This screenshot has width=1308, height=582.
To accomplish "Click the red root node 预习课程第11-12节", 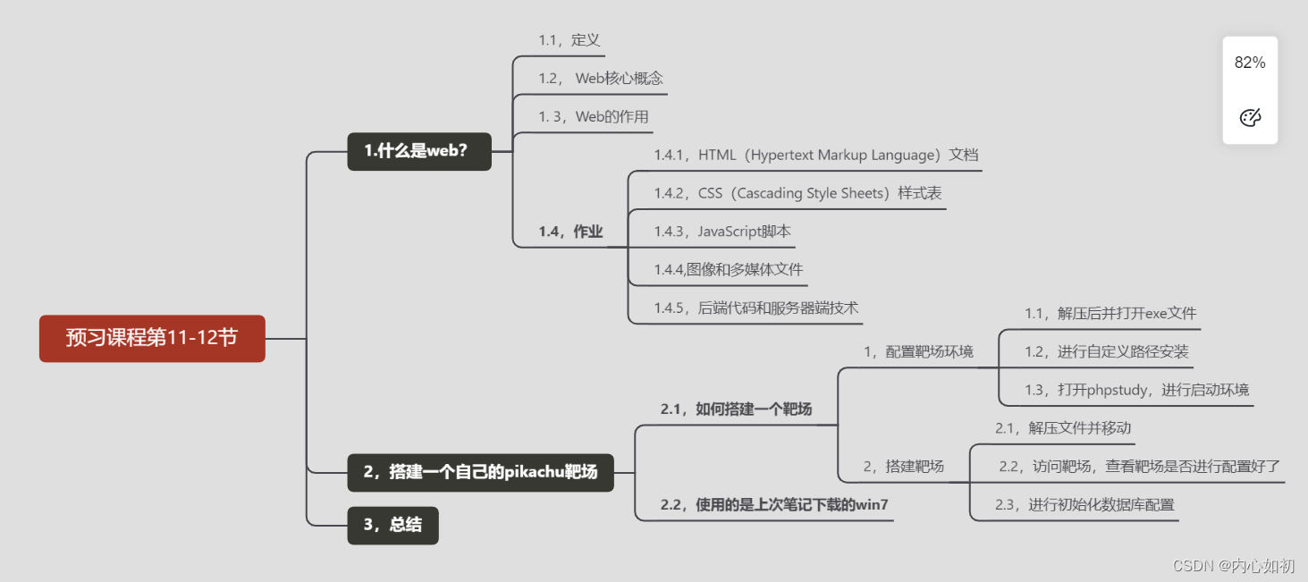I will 152,338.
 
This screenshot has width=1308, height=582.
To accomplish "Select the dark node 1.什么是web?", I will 418,151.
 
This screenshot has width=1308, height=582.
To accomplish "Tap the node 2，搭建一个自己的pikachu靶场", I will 480,472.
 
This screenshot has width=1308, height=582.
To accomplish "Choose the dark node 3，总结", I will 392,526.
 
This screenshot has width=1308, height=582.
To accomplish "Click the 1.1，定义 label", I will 569,40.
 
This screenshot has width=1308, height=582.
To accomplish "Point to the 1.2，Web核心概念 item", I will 601,79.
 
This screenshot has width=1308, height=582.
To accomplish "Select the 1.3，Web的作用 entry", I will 594,117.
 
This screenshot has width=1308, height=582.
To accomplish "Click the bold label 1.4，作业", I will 570,232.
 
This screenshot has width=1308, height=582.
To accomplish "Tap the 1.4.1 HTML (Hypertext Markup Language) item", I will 815,156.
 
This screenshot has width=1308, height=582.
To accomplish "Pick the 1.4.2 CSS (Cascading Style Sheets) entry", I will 797,193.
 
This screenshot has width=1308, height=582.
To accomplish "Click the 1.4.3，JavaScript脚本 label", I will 722,232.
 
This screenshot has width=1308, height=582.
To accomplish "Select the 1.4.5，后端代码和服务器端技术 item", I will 756,308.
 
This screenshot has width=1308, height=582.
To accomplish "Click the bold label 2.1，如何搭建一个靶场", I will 736,409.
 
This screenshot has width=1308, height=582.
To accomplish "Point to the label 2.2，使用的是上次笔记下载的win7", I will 774,505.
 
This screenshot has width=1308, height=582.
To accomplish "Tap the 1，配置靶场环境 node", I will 918,352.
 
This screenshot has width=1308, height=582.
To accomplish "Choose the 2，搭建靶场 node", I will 903,467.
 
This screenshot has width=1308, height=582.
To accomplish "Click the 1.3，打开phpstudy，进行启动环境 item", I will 1136,390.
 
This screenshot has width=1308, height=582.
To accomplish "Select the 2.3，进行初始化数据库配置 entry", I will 1084,505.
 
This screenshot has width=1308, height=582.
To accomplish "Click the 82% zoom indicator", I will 1250,63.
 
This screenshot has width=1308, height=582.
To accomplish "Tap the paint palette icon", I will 1250,118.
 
